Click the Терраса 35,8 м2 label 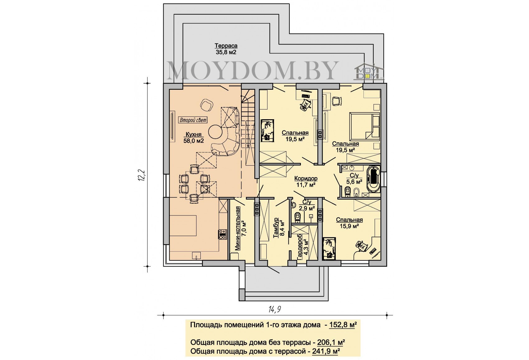pyautogui.click(x=226, y=49)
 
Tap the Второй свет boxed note pyautogui.click(x=193, y=120)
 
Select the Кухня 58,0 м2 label pyautogui.click(x=194, y=138)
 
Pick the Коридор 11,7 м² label pyautogui.click(x=306, y=182)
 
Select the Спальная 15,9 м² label pyautogui.click(x=349, y=223)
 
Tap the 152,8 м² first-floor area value pyautogui.click(x=343, y=325)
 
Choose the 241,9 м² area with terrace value pyautogui.click(x=326, y=351)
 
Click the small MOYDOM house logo pyautogui.click(x=369, y=70)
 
